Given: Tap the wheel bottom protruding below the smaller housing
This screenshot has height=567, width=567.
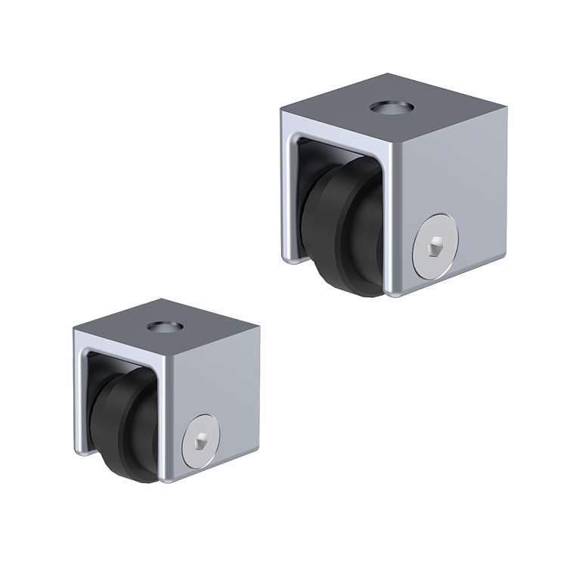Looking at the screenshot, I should [141, 472].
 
